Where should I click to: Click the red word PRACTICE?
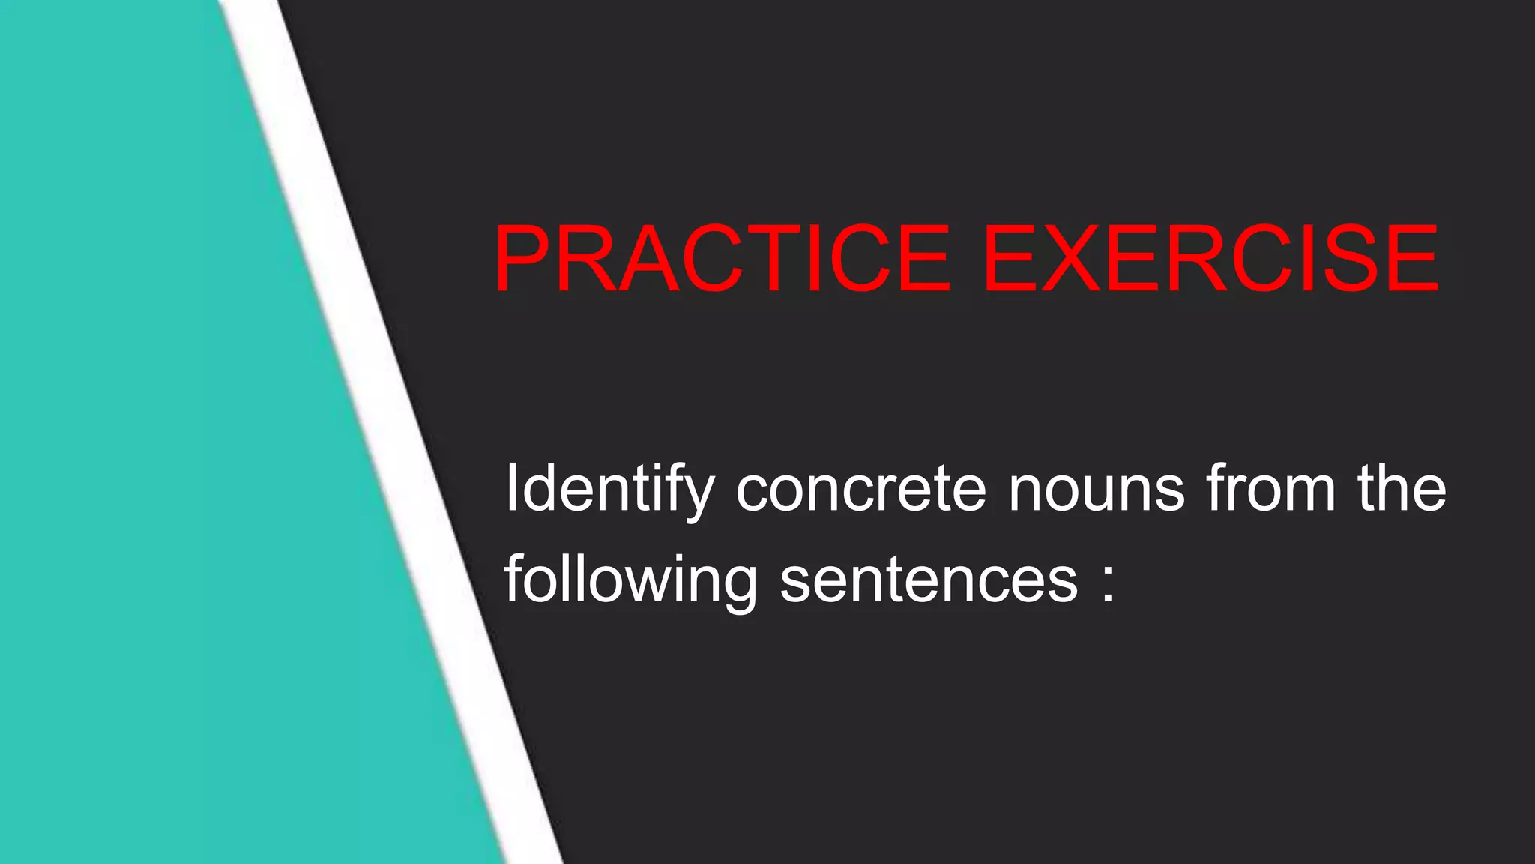pos(722,259)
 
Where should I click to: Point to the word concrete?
pos(860,490)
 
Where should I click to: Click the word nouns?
pos(1096,490)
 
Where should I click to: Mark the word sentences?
pos(929,581)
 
